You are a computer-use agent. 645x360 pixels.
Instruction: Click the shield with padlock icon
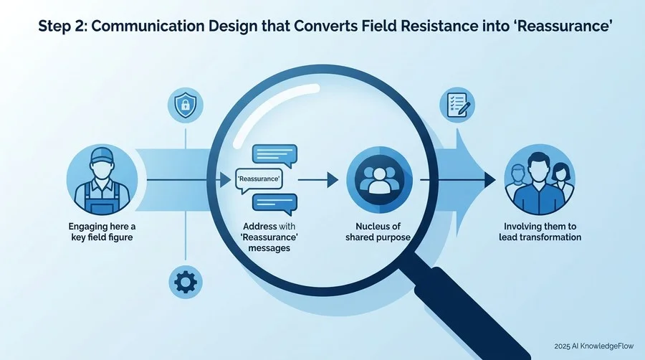tap(186, 105)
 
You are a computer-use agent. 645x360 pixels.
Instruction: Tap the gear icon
tap(186, 283)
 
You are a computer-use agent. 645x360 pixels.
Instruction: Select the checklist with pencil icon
tap(457, 105)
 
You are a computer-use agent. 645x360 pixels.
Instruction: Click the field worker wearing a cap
tap(102, 180)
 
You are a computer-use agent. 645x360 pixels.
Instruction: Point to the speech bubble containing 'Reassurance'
tap(259, 180)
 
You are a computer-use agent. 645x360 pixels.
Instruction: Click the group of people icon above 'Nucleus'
tap(379, 180)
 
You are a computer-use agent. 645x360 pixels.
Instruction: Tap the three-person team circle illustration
tap(540, 180)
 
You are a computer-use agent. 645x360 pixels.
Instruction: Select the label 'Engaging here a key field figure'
tap(102, 232)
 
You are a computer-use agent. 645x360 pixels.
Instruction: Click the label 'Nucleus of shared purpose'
tap(378, 232)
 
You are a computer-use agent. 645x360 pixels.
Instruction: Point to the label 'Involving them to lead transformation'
tap(540, 232)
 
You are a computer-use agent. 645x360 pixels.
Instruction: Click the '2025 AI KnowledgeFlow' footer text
tap(594, 346)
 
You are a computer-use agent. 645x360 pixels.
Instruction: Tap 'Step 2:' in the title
tap(62, 27)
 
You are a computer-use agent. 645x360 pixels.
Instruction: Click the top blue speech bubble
tap(274, 156)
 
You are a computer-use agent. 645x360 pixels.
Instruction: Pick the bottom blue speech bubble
tap(274, 204)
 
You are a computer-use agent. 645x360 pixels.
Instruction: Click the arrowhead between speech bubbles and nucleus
tap(333, 180)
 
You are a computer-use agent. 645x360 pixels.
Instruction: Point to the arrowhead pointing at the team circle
tap(490, 180)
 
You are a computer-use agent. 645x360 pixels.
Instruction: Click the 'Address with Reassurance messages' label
tap(269, 237)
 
